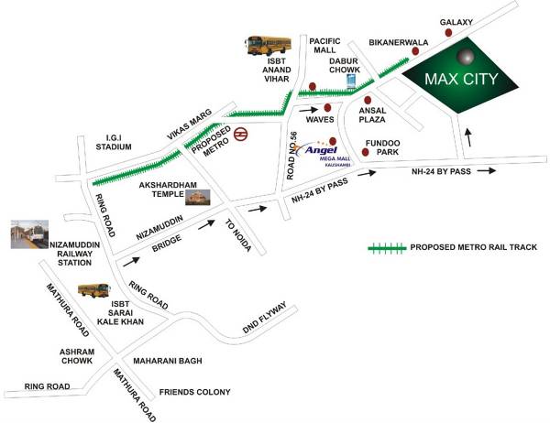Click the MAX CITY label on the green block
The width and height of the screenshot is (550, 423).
pyautogui.click(x=461, y=79)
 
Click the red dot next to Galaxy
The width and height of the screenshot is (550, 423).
pyautogui.click(x=449, y=32)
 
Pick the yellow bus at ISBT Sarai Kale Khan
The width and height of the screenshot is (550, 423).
pyautogui.click(x=93, y=291)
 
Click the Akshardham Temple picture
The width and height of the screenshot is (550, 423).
pyautogui.click(x=197, y=198)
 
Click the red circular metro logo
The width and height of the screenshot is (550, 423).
pyautogui.click(x=239, y=134)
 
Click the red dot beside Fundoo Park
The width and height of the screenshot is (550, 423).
pyautogui.click(x=365, y=152)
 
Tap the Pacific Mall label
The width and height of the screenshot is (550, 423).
pyautogui.click(x=325, y=48)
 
